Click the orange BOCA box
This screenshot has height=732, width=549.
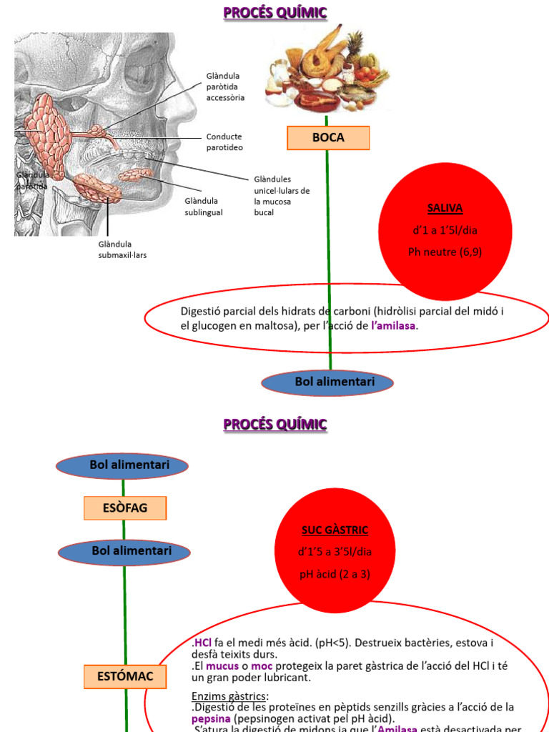pyautogui.click(x=328, y=138)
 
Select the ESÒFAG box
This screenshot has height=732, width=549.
pyautogui.click(x=125, y=508)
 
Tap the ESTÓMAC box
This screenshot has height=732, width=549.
pyautogui.click(x=125, y=676)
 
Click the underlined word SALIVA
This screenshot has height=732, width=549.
pyautogui.click(x=445, y=209)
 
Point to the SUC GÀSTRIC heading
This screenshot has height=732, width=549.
pyautogui.click(x=335, y=530)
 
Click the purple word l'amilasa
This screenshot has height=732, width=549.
pyautogui.click(x=393, y=325)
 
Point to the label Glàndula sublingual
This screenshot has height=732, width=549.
pyautogui.click(x=204, y=207)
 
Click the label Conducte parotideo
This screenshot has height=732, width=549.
pyautogui.click(x=224, y=142)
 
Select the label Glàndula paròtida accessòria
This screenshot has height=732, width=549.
pyautogui.click(x=225, y=86)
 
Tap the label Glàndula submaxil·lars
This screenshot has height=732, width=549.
pyautogui.click(x=122, y=249)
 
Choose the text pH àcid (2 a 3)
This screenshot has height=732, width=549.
pyautogui.click(x=335, y=574)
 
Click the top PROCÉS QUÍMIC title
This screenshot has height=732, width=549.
pyautogui.click(x=274, y=12)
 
